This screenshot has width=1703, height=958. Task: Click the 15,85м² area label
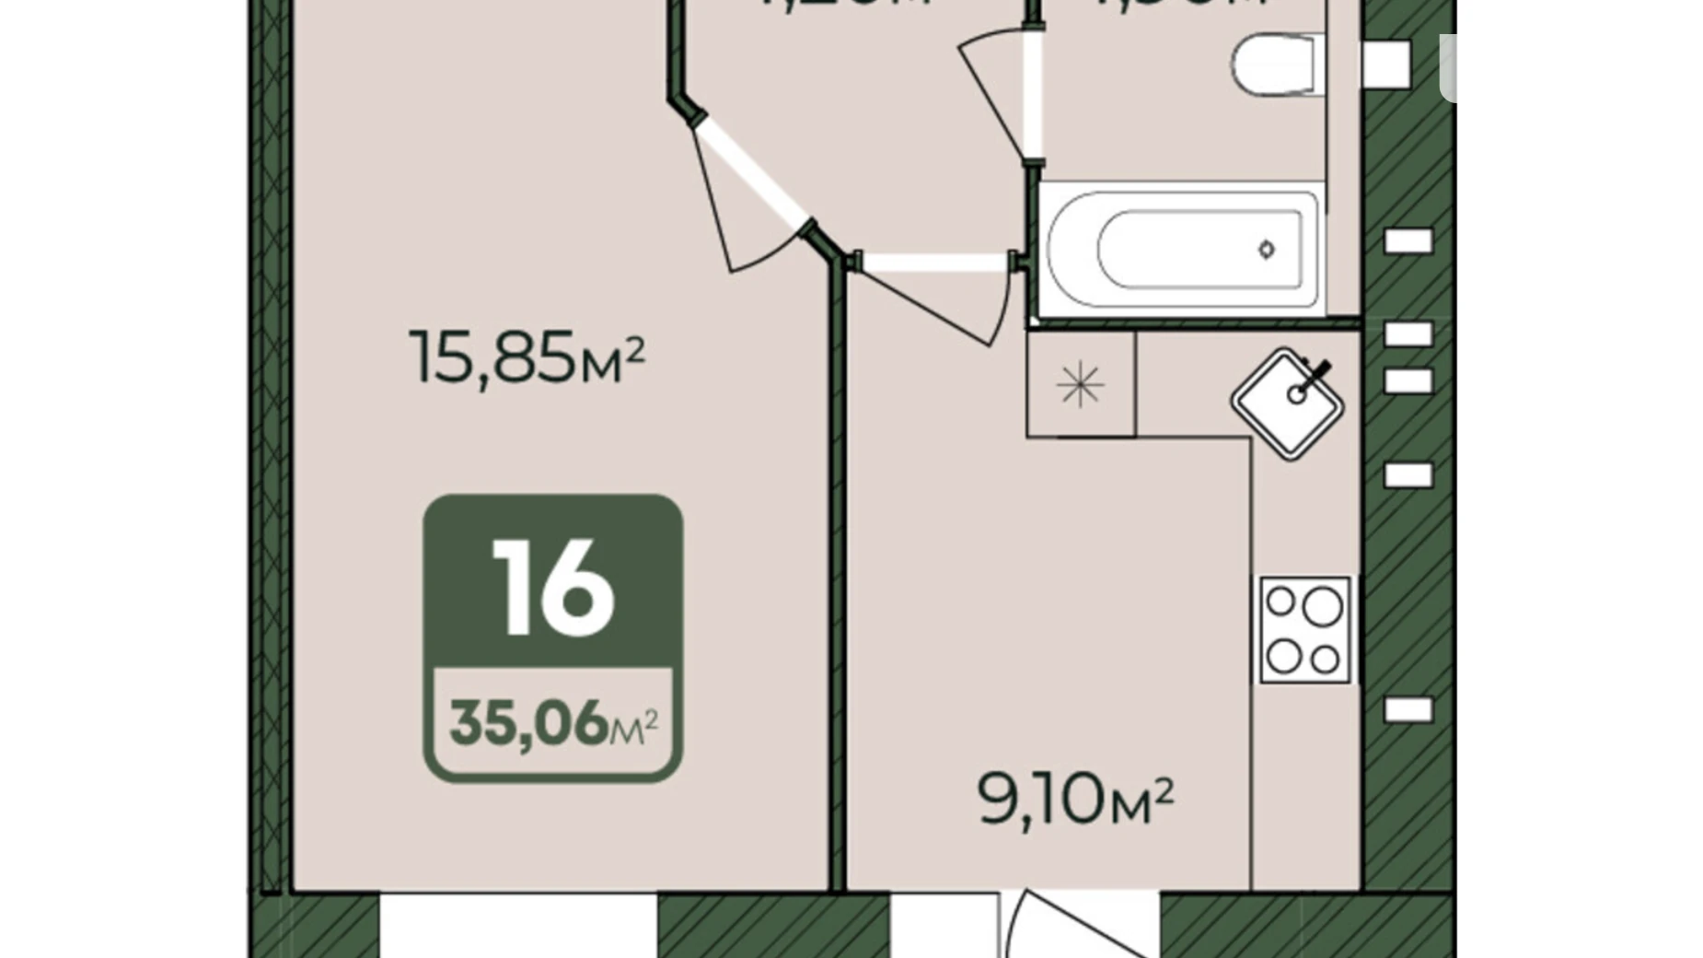527,357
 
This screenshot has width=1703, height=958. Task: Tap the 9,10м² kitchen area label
1074,800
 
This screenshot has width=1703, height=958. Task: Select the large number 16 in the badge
553,587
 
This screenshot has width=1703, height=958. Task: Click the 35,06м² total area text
553,723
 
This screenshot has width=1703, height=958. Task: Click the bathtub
1184,250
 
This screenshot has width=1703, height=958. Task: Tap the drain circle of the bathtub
1267,249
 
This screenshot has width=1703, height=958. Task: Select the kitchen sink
1288,403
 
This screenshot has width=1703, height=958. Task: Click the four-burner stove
1304,630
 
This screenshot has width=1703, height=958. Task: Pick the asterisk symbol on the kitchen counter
1080,384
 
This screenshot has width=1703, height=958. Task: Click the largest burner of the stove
1322,607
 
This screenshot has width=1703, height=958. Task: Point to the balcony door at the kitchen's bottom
1077,926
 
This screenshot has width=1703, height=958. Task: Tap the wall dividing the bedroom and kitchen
837,571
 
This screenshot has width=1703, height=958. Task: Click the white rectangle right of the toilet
1385,64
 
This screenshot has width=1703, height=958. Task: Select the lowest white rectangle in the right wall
1408,709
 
